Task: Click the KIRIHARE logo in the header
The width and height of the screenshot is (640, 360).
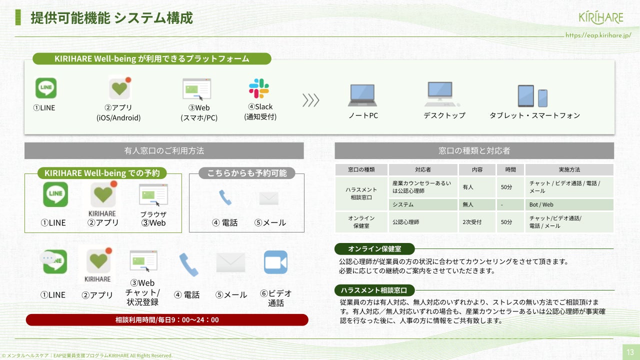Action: point(601,18)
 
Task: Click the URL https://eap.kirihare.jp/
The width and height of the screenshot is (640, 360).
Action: point(598,35)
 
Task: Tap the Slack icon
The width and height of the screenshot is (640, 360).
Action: point(259,88)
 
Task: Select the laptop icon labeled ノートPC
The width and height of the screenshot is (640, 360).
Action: point(362,95)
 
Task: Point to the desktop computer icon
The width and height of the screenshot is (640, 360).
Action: point(441,93)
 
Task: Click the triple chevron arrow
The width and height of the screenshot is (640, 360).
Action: point(311,100)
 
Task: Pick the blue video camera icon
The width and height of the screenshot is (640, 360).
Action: point(275,262)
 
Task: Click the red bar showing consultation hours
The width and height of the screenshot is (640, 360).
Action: point(167,319)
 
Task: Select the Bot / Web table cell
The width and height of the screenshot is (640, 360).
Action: point(569,204)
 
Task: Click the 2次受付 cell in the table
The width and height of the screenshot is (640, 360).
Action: point(477,222)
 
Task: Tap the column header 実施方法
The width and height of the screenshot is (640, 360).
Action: point(569,169)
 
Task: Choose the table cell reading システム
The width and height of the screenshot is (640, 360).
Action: point(423,204)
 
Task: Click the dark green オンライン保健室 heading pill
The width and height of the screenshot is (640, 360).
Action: point(374,249)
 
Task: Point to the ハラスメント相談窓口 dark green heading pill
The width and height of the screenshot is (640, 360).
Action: point(374,290)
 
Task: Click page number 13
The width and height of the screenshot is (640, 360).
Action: point(630,352)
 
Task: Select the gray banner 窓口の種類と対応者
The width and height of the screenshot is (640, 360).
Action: point(474,150)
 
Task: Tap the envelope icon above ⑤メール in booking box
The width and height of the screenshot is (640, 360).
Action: point(269,198)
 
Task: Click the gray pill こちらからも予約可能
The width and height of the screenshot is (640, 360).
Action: point(247,173)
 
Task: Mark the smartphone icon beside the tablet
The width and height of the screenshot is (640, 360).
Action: point(542,98)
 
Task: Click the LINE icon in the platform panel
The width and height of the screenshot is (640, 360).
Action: point(46,88)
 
